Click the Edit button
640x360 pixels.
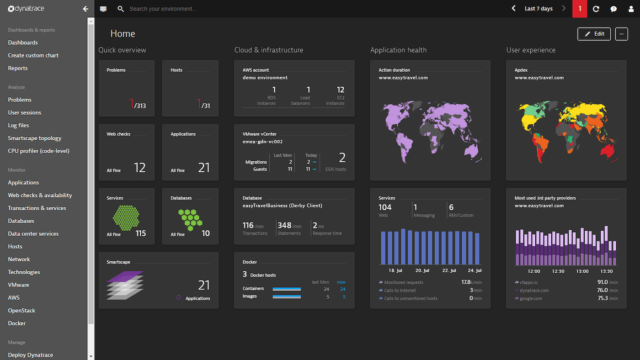(x=594, y=34)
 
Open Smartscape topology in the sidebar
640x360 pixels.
(x=35, y=138)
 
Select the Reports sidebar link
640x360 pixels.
(x=18, y=68)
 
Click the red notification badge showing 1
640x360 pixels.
(x=580, y=9)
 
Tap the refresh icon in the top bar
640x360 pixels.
(x=596, y=9)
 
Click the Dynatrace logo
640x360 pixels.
(x=26, y=9)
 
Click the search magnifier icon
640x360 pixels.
(x=121, y=9)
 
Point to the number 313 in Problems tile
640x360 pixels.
(x=140, y=106)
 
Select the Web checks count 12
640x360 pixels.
(x=139, y=168)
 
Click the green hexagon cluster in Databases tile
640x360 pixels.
(x=190, y=218)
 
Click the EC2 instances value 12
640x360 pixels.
(x=340, y=90)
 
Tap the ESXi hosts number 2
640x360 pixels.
(x=342, y=158)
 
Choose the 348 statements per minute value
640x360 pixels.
(x=284, y=225)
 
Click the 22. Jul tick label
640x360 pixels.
(x=449, y=270)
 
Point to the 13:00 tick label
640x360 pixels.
(x=582, y=271)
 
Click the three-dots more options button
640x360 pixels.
(x=621, y=34)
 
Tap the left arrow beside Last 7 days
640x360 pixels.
(x=514, y=9)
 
